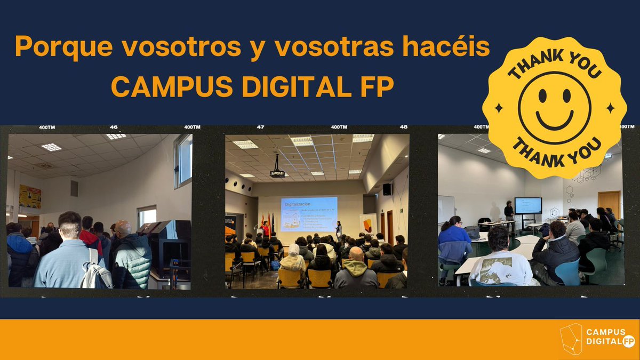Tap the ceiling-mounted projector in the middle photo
point(277,173)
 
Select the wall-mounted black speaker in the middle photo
point(387,189)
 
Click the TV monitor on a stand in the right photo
point(527,206)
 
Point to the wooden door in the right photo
point(609,204)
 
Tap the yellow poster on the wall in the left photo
point(29,196)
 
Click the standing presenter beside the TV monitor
point(509,215)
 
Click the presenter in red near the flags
point(265,229)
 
